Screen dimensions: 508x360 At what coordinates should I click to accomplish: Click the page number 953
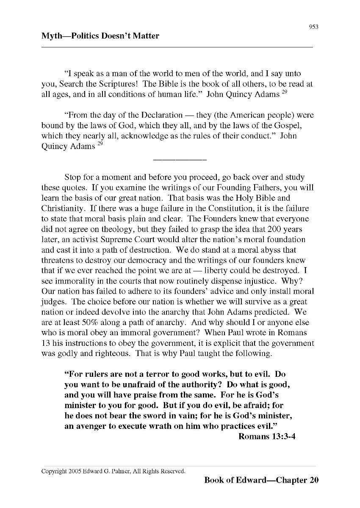313,27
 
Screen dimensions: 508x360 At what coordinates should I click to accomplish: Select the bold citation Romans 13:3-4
267,436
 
